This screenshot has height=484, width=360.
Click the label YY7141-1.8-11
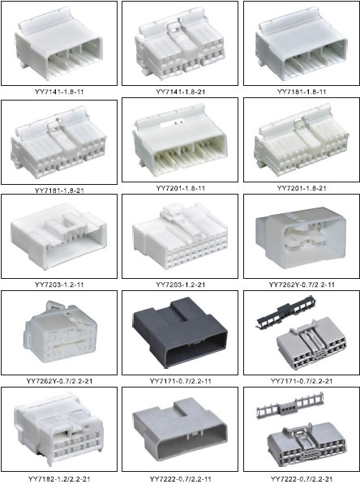59,92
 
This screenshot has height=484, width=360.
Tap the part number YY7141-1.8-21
180,92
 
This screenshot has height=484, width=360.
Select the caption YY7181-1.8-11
302,92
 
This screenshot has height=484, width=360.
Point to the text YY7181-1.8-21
59,191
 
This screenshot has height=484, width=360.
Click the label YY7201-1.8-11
180,188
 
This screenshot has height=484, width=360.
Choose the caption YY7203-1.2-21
180,285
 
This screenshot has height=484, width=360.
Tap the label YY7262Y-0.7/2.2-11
302,285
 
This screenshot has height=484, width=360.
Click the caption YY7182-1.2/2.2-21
59,479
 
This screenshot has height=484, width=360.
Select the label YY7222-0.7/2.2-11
180,479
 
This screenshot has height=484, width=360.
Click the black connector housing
181,332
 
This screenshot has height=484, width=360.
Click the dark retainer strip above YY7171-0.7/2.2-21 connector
285,312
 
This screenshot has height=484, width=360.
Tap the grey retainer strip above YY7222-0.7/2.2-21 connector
290,405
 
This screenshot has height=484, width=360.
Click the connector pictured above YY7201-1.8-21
302,140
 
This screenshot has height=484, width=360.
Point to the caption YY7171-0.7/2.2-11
180,381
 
